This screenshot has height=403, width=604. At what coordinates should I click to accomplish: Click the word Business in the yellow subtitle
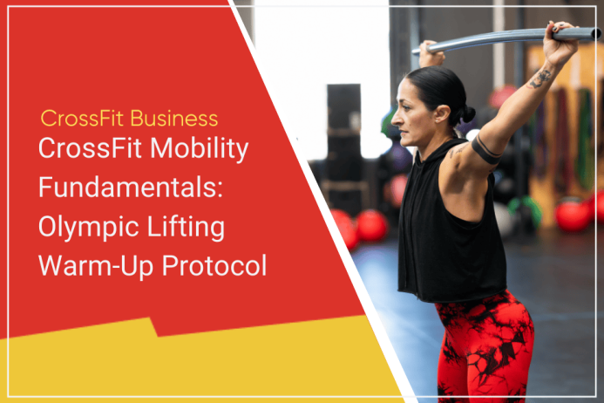174,119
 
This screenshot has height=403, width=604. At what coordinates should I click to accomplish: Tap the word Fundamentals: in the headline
131,188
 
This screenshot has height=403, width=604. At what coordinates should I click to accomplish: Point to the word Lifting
186,228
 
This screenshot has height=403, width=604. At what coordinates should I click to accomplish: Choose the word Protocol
214,266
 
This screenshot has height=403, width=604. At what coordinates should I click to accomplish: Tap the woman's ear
442,115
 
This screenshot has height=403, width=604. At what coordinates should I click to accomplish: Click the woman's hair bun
467,114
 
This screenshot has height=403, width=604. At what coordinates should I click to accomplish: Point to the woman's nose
396,120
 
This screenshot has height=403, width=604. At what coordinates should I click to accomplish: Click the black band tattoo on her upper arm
485,150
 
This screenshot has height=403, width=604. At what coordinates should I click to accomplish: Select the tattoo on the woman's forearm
540,79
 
